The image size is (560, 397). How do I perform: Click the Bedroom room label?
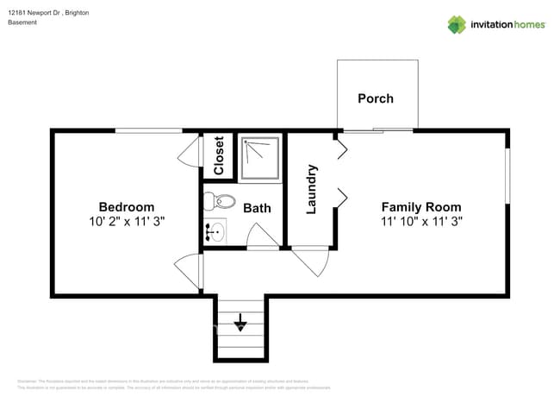coord(127,207)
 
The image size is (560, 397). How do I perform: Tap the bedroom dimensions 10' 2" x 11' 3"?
coord(127,221)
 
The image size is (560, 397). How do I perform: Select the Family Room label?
coord(421,207)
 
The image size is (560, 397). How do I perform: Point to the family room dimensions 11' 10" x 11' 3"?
coord(421,221)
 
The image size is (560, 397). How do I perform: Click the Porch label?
coord(376,98)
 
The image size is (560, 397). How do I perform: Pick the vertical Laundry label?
coord(312,190)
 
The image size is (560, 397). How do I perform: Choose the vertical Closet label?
coord(219,155)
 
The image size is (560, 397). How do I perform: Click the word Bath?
coord(257,208)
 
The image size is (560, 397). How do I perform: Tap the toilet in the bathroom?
coord(221,203)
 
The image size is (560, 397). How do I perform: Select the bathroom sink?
coord(215,232)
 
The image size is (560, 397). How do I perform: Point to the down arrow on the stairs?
coord(240,325)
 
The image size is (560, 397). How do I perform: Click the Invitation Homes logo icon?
coord(457,24)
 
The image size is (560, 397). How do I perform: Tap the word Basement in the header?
coord(22,22)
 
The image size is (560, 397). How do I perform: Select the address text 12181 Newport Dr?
coord(35,13)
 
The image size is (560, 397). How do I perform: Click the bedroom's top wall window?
coord(149,130)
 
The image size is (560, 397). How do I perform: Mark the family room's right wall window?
coord(507,178)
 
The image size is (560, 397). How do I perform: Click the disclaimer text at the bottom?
coord(172,384)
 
